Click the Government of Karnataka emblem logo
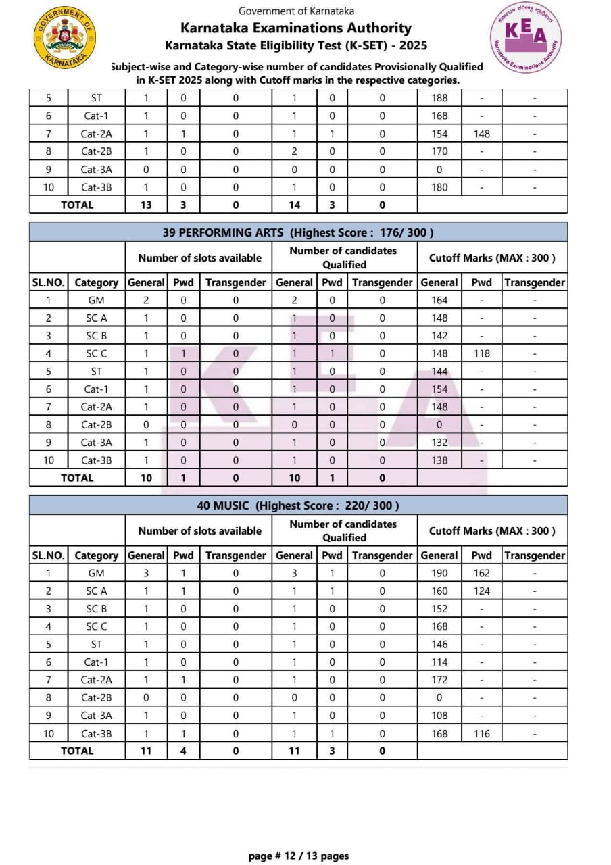(x=64, y=38)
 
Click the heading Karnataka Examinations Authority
(x=296, y=28)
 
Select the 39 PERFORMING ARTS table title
(x=298, y=232)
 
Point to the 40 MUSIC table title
(x=298, y=505)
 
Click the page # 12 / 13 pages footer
(x=299, y=856)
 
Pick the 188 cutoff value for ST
(x=439, y=98)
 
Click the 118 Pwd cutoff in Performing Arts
(x=482, y=353)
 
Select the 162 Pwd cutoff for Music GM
(x=482, y=573)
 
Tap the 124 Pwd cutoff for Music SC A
(x=482, y=591)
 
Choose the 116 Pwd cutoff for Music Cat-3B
(x=482, y=733)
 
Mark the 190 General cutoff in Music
(x=439, y=573)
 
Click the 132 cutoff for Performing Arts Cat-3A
(x=439, y=443)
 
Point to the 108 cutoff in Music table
(x=439, y=716)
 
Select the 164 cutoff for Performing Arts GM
(x=439, y=300)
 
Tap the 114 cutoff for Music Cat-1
(x=439, y=662)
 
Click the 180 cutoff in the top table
(x=439, y=187)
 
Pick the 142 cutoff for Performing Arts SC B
(x=439, y=336)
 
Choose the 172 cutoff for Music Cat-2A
(x=439, y=680)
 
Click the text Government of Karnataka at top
(x=296, y=11)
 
